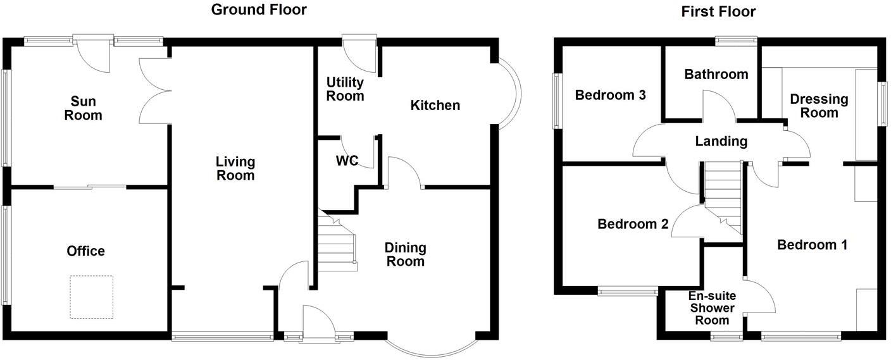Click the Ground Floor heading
click(x=258, y=9)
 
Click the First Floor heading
click(x=718, y=11)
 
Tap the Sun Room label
click(x=86, y=108)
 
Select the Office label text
click(x=86, y=251)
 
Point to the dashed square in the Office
click(x=92, y=297)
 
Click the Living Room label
click(x=235, y=168)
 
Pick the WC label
click(x=347, y=161)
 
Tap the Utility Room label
click(x=345, y=89)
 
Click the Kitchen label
click(x=435, y=105)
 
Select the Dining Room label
click(x=406, y=254)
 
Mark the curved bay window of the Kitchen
click(x=510, y=95)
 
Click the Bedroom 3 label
click(x=610, y=96)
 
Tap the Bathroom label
click(x=716, y=75)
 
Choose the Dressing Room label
click(x=819, y=106)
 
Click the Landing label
click(x=721, y=141)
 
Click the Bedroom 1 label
click(x=813, y=245)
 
